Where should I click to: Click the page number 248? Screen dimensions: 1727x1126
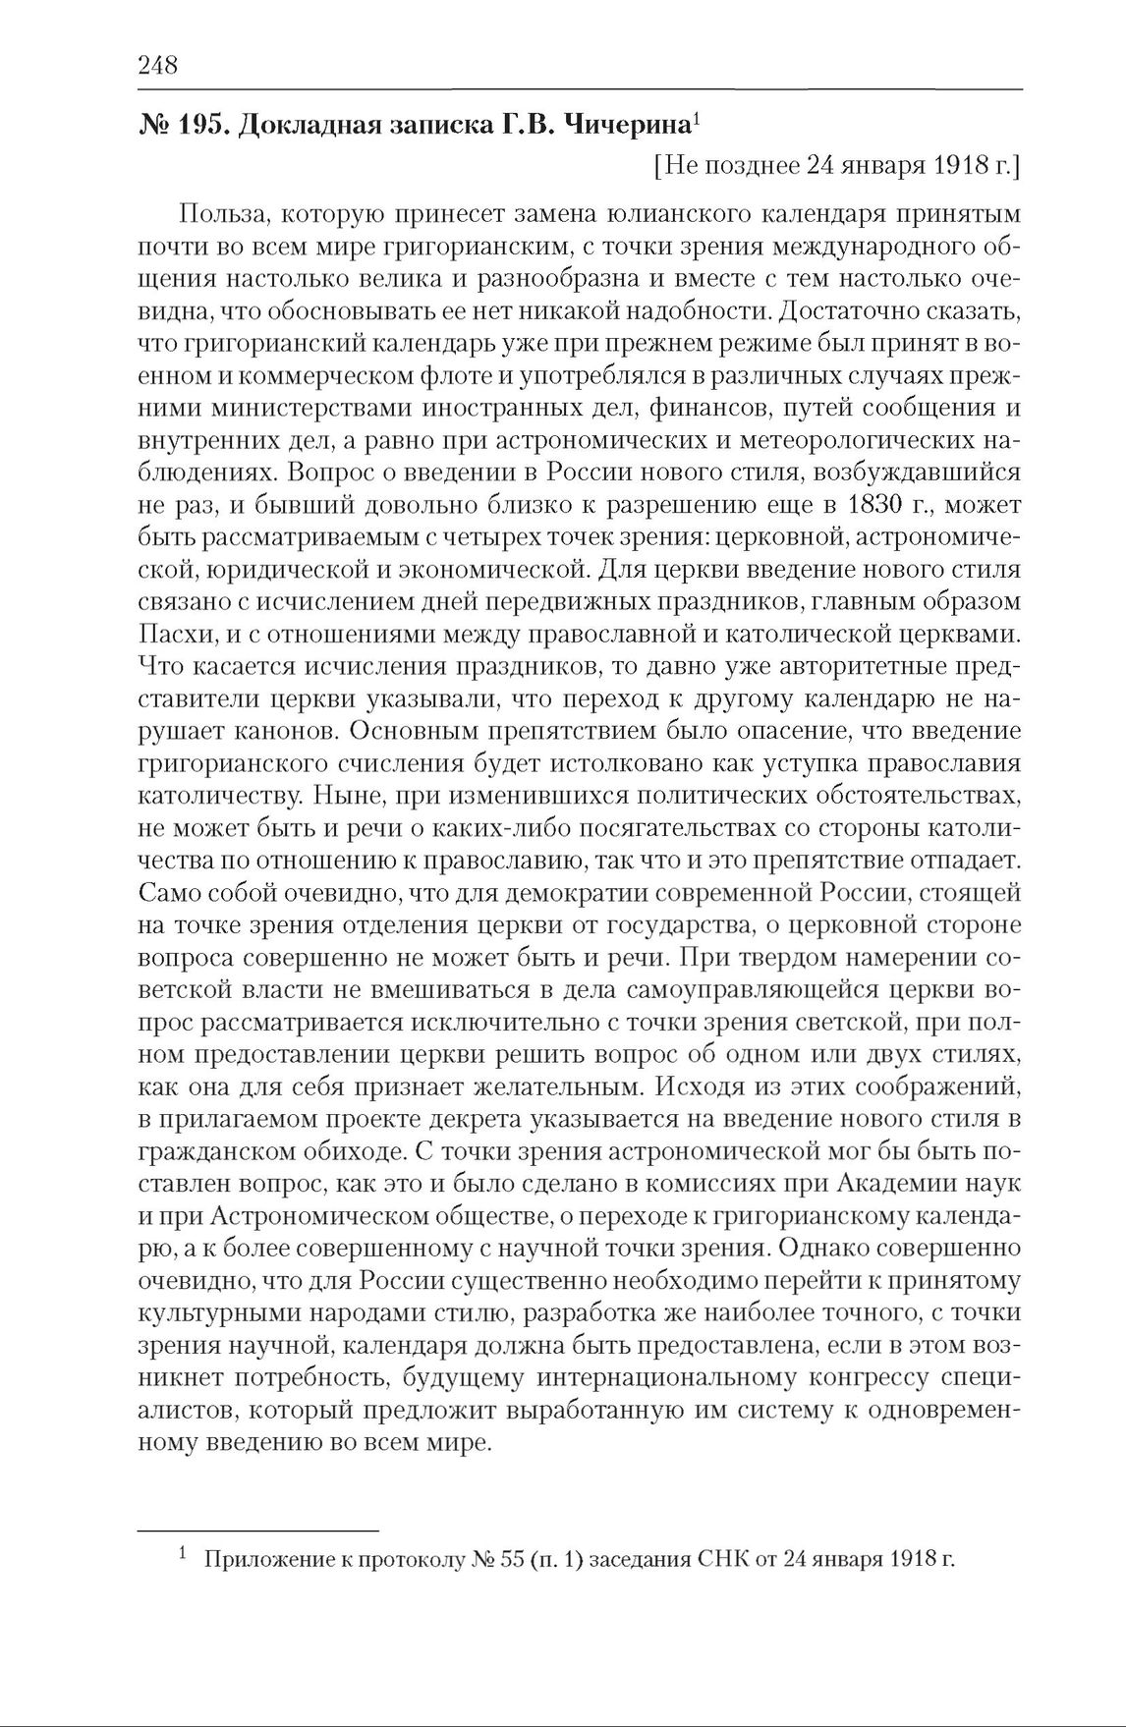click(x=157, y=66)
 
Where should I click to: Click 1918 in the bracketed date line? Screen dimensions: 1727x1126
click(x=959, y=165)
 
